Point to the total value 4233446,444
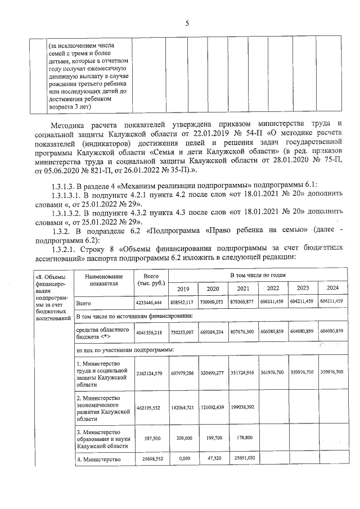tap(150, 303)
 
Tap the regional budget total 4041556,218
tap(150, 332)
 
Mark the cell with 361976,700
tap(273, 372)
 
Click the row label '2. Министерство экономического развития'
tap(102, 408)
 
